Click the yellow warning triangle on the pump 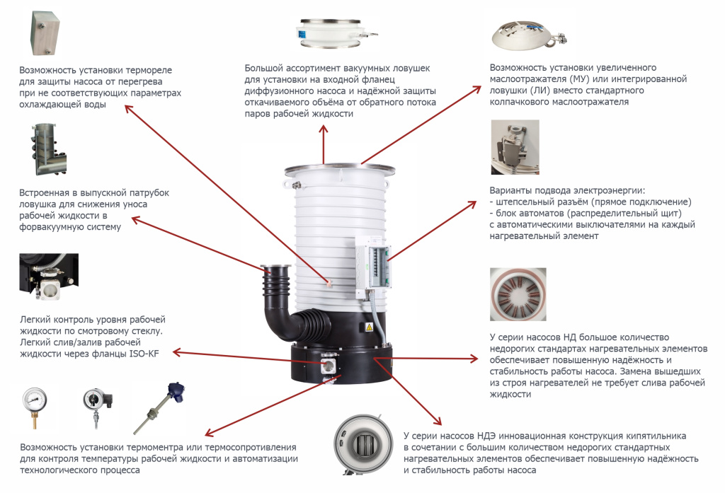369,327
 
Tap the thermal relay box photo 45,33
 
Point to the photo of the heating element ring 518,294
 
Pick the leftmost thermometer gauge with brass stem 35,407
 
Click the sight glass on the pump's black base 329,366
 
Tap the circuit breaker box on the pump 373,263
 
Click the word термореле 149,70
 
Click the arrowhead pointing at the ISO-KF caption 177,353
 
